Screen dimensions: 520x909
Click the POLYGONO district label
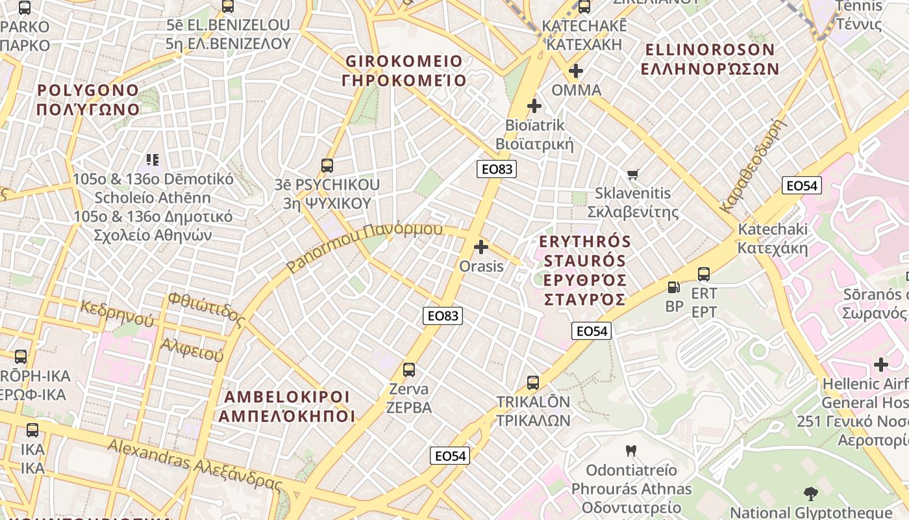click(88, 99)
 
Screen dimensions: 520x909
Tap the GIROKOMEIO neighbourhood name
click(404, 70)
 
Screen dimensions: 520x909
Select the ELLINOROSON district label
click(709, 58)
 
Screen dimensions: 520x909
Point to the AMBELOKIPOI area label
click(286, 406)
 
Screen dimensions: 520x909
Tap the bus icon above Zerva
click(408, 370)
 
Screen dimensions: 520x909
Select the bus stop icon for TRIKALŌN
click(533, 382)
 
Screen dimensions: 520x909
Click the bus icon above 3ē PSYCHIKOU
click(327, 166)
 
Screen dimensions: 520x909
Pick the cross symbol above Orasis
click(481, 247)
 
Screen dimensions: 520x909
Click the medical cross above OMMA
click(576, 70)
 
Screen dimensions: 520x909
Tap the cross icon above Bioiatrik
click(534, 105)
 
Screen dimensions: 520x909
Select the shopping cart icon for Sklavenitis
click(633, 174)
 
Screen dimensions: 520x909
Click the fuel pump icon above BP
click(674, 287)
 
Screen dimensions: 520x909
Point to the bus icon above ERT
click(704, 274)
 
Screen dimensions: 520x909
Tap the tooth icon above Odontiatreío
click(630, 450)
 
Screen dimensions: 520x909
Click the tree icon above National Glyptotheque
click(810, 493)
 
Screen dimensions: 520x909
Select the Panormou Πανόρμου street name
click(364, 248)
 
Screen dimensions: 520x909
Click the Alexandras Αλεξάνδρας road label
click(195, 464)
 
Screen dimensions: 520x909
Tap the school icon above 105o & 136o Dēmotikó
click(153, 159)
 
